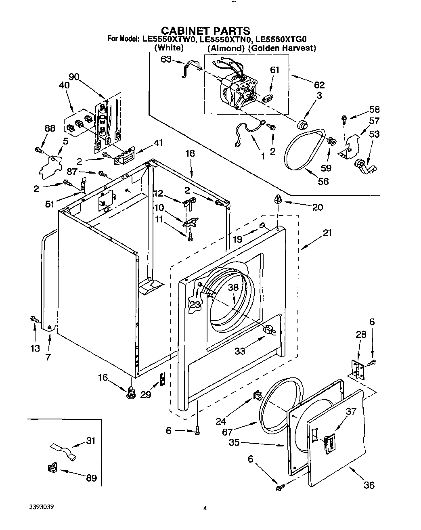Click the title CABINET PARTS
[205, 31]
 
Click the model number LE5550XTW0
[169, 39]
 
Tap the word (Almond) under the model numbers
[226, 48]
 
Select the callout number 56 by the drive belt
[323, 181]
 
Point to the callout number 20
[318, 207]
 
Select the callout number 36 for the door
[369, 485]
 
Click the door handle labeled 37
[329, 442]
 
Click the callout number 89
[91, 478]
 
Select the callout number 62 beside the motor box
[319, 85]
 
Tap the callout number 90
[74, 77]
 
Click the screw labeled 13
[35, 320]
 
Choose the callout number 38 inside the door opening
[233, 287]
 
